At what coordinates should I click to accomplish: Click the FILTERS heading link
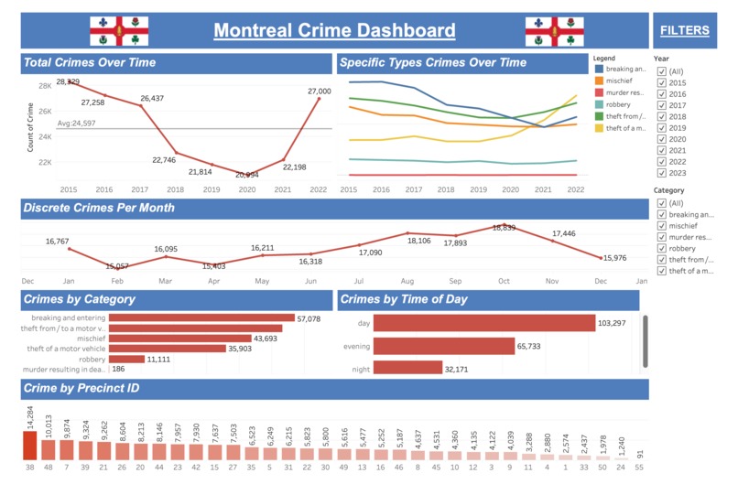[685, 30]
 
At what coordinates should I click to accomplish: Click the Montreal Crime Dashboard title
[334, 30]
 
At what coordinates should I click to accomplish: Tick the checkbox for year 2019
[662, 127]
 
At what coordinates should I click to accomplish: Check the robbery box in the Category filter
[662, 248]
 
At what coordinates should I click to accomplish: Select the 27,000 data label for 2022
[320, 91]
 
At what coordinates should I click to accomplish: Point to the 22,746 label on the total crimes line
[163, 159]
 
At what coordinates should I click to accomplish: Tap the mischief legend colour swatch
[599, 80]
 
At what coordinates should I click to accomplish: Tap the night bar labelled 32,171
[407, 369]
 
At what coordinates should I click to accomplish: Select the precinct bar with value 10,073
[48, 449]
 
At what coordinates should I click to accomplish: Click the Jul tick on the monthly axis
[358, 281]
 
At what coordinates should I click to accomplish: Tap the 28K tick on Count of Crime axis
[44, 86]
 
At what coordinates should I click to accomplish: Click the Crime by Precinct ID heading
[81, 389]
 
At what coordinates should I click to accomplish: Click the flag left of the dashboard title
[113, 31]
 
